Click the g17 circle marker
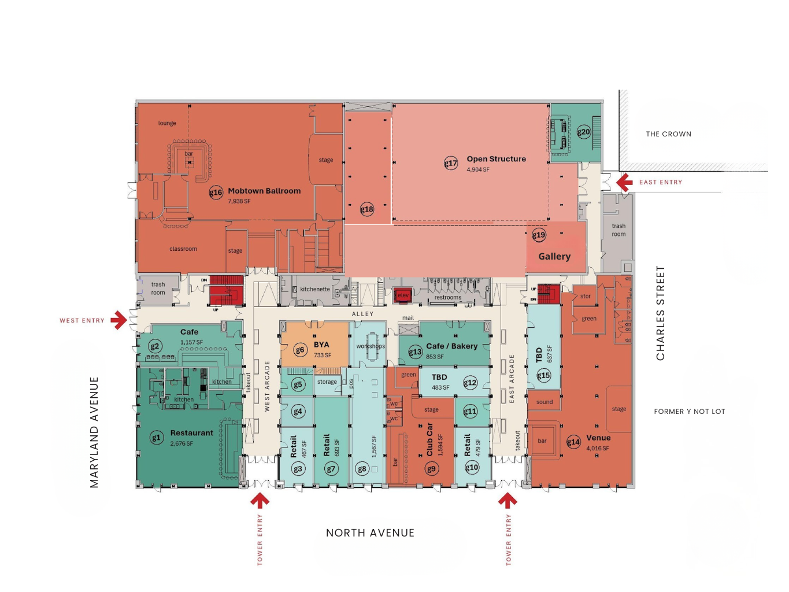point(450,163)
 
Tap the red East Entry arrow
point(624,183)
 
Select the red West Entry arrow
point(119,320)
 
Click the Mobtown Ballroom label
point(264,191)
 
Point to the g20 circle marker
point(584,132)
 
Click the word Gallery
point(554,256)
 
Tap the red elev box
point(402,295)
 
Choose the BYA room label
point(321,345)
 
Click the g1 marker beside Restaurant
point(156,438)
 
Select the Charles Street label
point(660,313)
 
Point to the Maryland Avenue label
point(94,432)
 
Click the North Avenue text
point(370,533)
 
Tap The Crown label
point(668,134)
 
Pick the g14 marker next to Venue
point(573,442)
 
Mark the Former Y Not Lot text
point(689,412)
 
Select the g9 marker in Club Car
point(431,469)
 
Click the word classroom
point(183,249)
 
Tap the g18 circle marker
point(367,209)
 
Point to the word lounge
point(167,123)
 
